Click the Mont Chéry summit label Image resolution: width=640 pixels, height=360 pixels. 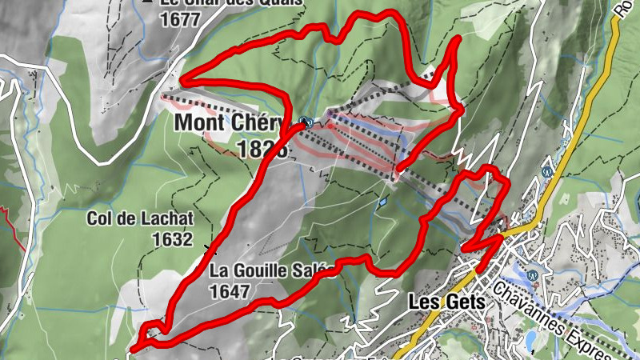pos(228,123)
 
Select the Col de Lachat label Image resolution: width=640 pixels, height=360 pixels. pos(140,218)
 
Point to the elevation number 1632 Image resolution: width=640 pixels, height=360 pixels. pos(174,238)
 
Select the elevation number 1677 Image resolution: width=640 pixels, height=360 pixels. pos(179,21)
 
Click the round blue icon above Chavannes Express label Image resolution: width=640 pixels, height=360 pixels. pos(531,272)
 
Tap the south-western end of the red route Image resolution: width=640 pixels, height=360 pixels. pos(134,348)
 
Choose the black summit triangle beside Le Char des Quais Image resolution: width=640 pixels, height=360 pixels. pos(147,2)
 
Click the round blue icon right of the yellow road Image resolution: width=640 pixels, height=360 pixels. pos(547,170)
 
